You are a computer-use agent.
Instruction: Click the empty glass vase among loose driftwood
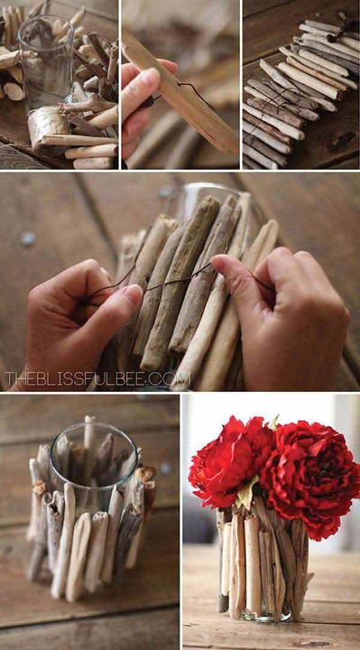[46, 62]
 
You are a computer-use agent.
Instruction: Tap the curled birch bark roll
[48, 124]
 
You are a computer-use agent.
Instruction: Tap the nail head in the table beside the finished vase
[166, 469]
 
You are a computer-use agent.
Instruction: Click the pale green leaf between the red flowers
[247, 492]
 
